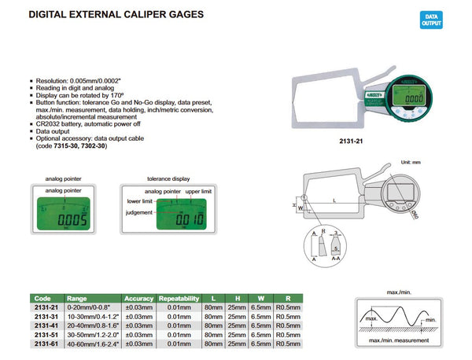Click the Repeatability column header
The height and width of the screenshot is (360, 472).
tap(182, 299)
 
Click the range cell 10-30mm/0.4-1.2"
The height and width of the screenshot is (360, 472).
tap(92, 316)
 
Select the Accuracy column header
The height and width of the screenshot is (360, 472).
tap(138, 299)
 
